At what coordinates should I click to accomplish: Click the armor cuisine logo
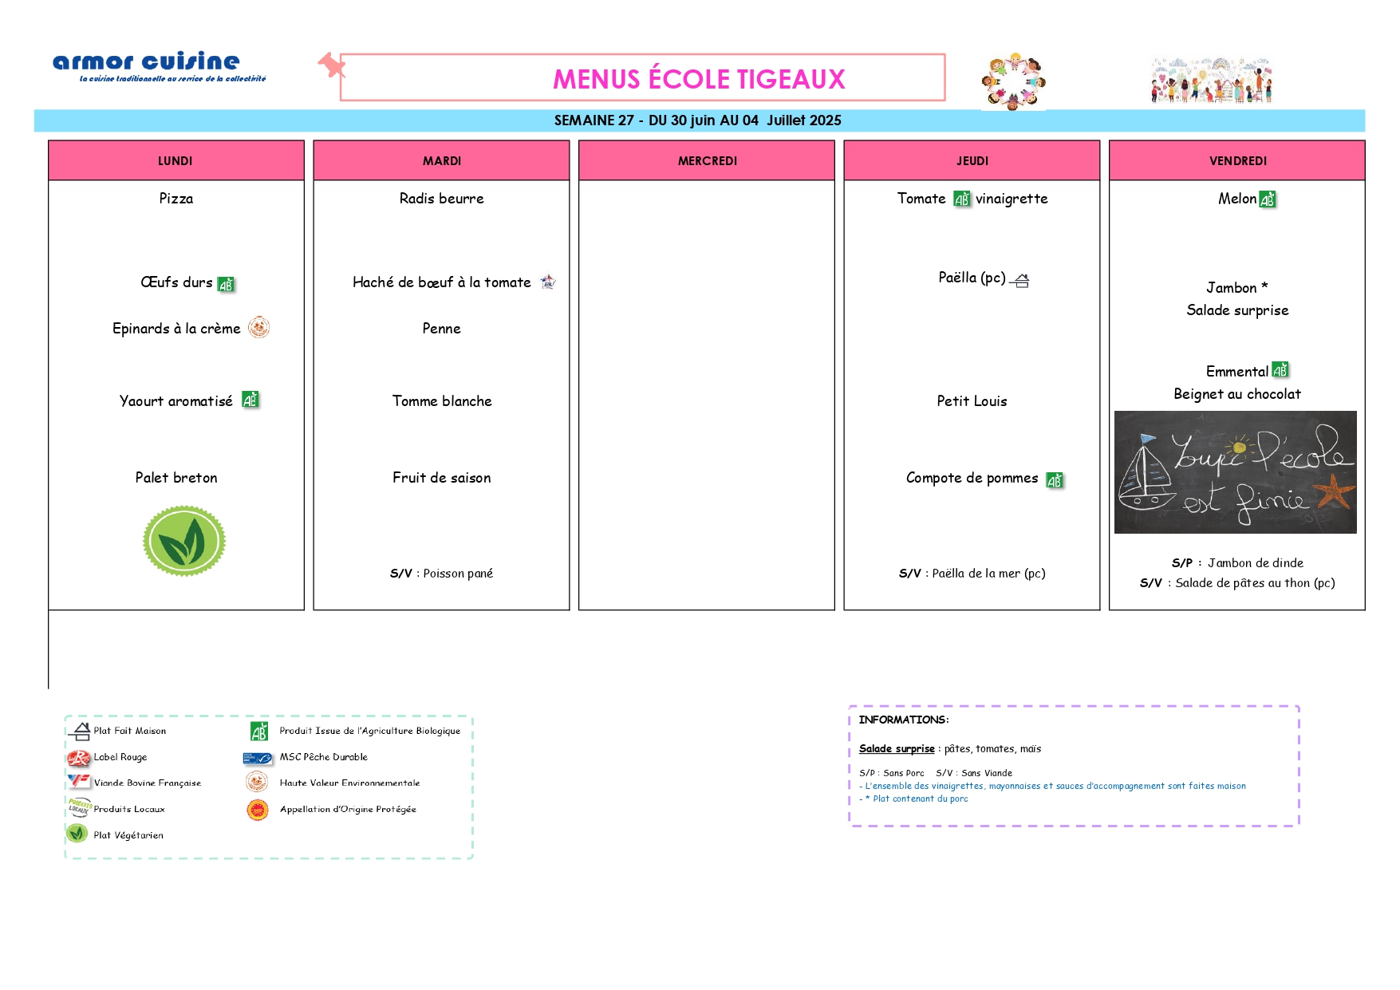point(159,66)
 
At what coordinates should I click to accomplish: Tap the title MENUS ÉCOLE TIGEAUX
point(699,79)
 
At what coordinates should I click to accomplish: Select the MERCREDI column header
point(707,160)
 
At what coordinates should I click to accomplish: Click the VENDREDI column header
point(1237,160)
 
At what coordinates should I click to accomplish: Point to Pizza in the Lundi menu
point(176,199)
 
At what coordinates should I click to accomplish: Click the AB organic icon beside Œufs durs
point(227,284)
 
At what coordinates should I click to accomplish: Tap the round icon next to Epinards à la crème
point(258,328)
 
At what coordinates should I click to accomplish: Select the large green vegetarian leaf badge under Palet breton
point(184,541)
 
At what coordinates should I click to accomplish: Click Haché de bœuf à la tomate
point(442,282)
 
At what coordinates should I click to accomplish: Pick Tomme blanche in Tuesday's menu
point(442,401)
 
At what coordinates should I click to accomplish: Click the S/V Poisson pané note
point(441,574)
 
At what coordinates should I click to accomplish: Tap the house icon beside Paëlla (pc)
point(1020,280)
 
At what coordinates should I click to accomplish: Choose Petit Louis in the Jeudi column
point(972,401)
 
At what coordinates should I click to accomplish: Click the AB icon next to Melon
point(1268,199)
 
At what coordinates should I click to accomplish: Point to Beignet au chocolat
point(1237,394)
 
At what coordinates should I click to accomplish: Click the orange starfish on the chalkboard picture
point(1335,491)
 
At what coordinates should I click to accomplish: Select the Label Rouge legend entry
point(108,757)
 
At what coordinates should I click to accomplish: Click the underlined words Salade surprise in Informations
point(897,749)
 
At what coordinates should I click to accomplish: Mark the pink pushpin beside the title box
point(332,65)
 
